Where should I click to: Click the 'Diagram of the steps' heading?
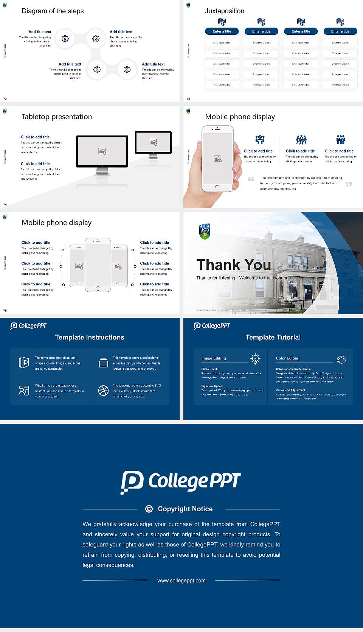pos(53,11)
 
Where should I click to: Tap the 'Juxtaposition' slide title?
pos(224,11)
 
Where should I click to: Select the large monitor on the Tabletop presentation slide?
pos(102,151)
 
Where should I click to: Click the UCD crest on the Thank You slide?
pos(205,231)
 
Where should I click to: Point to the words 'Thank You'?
pos(233,265)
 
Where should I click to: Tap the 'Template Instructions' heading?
pos(90,337)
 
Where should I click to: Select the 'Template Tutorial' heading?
pos(273,337)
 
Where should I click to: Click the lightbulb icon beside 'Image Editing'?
pos(255,358)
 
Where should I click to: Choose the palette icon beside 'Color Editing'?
pos(341,359)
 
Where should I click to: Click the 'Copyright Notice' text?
pos(185,509)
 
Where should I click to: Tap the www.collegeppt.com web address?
pos(181,581)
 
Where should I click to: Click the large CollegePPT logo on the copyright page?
pos(181,482)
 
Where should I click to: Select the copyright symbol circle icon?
pos(149,509)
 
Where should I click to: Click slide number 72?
pos(5,98)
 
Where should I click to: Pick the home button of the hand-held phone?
pos(217,187)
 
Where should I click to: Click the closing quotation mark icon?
pos(348,184)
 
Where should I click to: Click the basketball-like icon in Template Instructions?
pos(103,391)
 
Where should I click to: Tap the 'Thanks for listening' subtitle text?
pos(216,278)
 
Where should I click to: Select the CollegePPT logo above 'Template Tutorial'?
pos(212,326)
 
